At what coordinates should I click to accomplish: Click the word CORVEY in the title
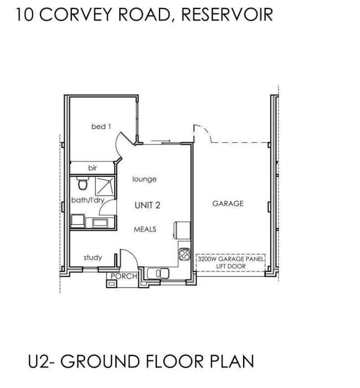[x=75, y=14]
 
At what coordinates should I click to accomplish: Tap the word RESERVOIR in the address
[x=227, y=14]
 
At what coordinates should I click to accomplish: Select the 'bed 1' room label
[x=101, y=126]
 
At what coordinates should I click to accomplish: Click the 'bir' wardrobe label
[x=92, y=168]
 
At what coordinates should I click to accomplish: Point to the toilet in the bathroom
[x=82, y=183]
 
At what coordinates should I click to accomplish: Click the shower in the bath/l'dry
[x=105, y=186]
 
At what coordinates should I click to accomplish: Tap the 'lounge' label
[x=144, y=179]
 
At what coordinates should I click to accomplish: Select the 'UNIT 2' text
[x=148, y=205]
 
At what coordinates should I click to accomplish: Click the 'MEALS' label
[x=145, y=230]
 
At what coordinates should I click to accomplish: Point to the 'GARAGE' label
[x=228, y=203]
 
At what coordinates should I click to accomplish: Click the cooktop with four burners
[x=184, y=254]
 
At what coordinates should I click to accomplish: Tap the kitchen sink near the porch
[x=158, y=273]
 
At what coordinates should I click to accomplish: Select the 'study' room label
[x=93, y=257]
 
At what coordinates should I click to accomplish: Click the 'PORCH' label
[x=124, y=276]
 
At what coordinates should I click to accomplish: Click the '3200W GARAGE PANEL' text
[x=230, y=259]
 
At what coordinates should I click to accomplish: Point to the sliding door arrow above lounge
[x=161, y=141]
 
